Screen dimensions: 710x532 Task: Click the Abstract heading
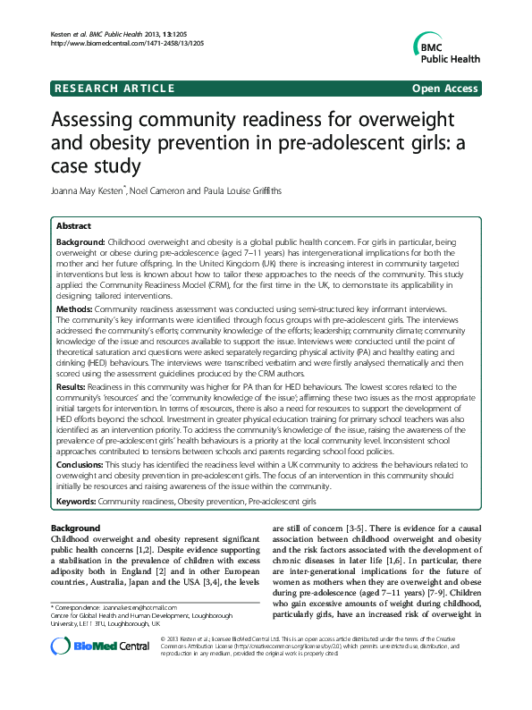(x=74, y=227)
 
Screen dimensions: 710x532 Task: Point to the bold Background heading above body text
(x=75, y=528)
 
